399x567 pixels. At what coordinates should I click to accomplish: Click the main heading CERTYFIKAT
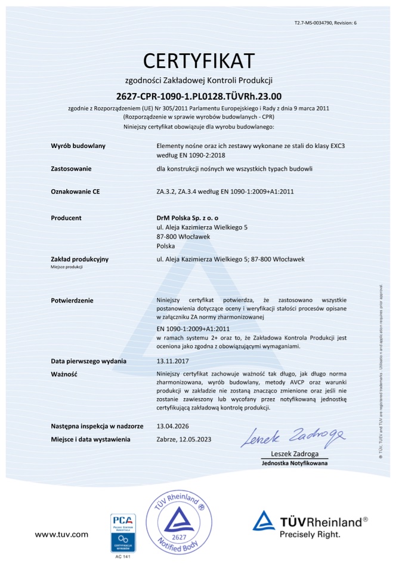coord(199,60)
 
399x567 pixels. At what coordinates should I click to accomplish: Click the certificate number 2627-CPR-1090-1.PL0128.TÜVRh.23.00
coord(199,95)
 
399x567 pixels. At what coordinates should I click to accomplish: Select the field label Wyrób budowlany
coord(78,146)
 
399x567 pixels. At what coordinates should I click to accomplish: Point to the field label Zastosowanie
coord(72,169)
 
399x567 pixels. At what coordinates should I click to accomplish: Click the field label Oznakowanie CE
coord(75,192)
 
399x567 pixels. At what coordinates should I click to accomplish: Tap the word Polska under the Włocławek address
coord(165,245)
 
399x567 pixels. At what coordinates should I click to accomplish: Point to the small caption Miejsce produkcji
coord(67,267)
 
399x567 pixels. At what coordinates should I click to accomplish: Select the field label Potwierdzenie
coord(72,300)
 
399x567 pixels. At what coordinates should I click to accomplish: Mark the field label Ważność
coord(65,374)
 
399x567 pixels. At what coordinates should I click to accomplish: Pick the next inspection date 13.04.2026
coord(172,426)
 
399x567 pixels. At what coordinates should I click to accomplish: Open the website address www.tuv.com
coord(61,534)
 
